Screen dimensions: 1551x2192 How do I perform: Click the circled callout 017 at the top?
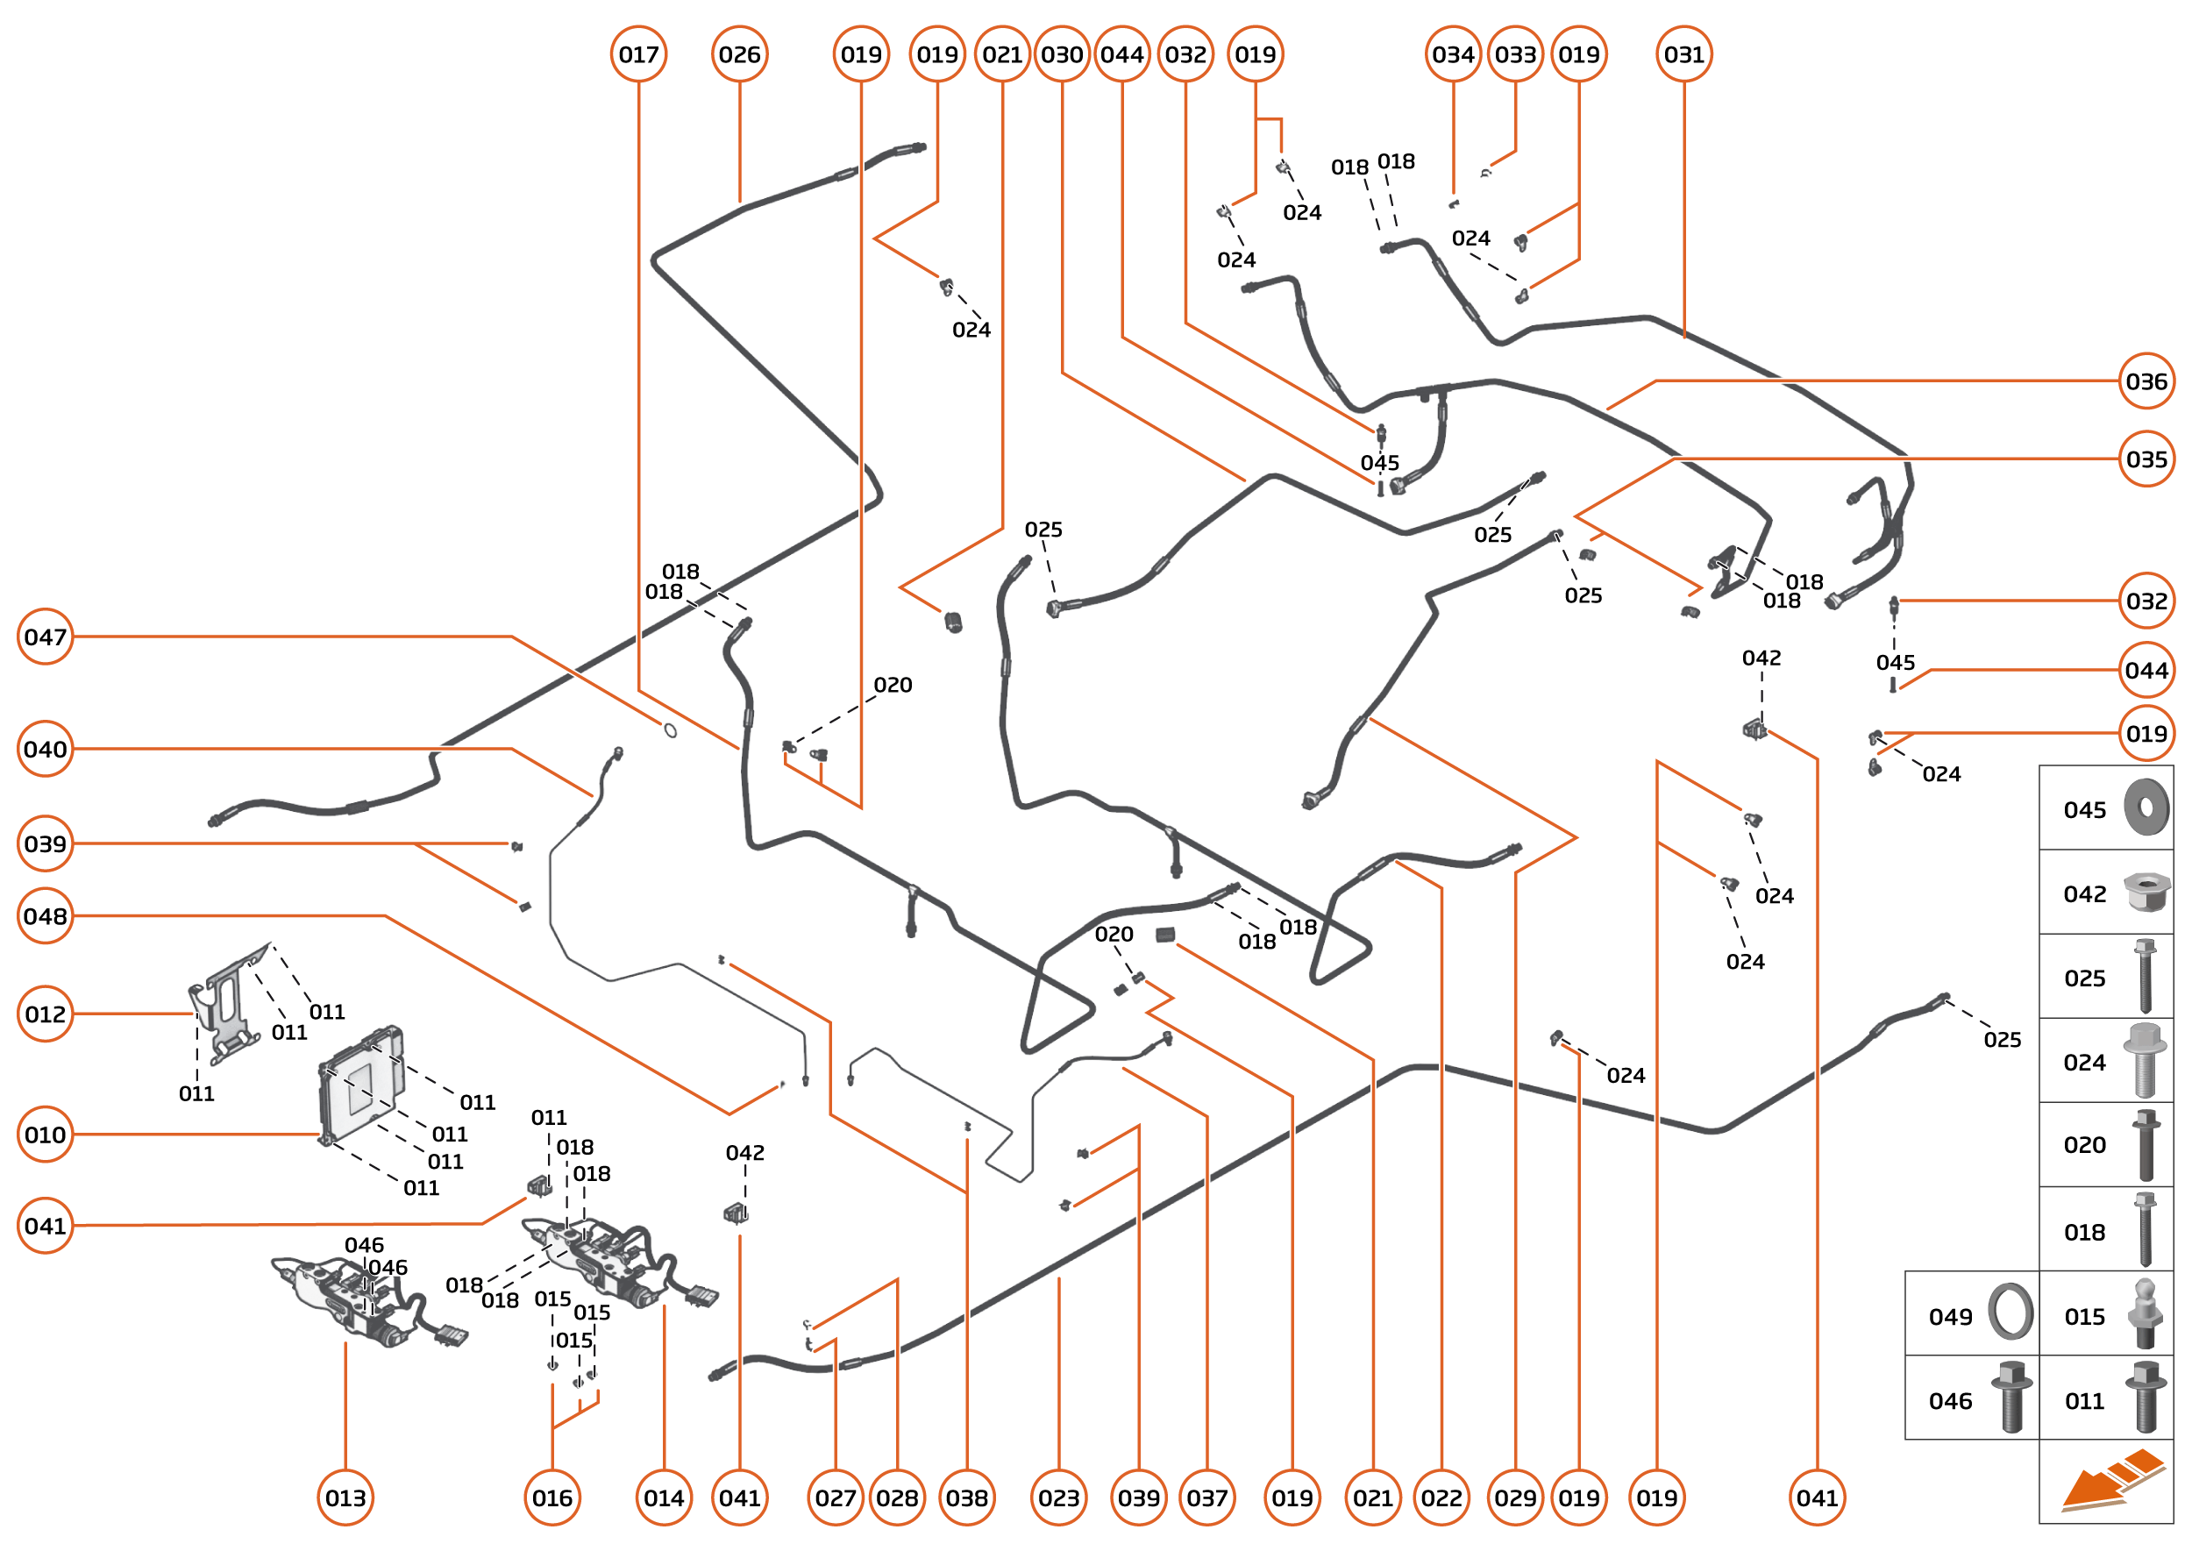tap(638, 54)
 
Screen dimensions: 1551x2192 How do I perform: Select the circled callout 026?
tap(739, 54)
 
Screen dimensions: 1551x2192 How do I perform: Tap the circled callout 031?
tap(1683, 54)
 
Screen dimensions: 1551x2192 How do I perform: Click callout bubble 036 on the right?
tap(2146, 381)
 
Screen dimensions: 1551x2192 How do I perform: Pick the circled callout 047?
tap(45, 636)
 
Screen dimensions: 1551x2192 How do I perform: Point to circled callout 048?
tap(45, 916)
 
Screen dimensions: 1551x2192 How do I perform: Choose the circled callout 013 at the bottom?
tap(345, 1498)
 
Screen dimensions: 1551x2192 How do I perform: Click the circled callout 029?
tap(1515, 1498)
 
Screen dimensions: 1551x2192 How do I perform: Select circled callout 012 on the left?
tap(45, 1014)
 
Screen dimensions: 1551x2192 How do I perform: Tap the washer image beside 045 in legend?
tap(2146, 807)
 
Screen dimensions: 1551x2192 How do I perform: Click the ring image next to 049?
tap(2011, 1313)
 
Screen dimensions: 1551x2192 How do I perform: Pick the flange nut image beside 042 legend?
tap(2146, 892)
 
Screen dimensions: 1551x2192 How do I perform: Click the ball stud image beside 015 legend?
tap(2146, 1314)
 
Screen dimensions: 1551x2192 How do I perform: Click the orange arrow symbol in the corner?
tap(2113, 1483)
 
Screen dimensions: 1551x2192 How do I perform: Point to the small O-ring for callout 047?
tap(671, 730)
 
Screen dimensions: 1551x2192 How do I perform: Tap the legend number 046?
tap(1949, 1401)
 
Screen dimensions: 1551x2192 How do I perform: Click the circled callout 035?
tap(2146, 459)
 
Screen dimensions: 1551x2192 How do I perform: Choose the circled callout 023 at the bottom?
tap(1058, 1498)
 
